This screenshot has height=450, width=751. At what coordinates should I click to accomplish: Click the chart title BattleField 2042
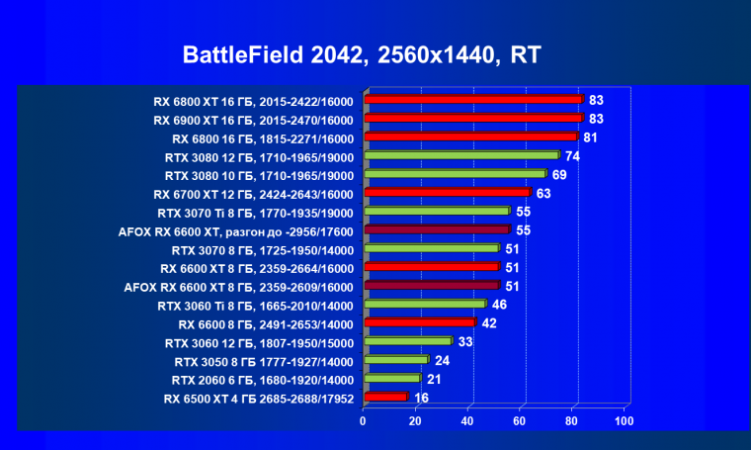[361, 54]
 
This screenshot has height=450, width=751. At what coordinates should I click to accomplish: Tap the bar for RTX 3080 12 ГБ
[462, 155]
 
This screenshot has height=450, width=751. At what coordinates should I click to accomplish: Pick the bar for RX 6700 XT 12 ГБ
[448, 193]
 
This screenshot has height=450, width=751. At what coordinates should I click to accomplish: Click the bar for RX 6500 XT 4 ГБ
[386, 397]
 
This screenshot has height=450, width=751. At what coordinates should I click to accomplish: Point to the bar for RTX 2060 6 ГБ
[392, 379]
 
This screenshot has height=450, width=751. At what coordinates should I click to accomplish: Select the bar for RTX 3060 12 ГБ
[408, 341]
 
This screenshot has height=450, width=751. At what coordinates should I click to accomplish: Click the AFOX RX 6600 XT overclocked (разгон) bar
[438, 229]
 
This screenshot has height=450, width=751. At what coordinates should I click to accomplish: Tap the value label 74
[572, 155]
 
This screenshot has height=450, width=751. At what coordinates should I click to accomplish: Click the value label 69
[559, 174]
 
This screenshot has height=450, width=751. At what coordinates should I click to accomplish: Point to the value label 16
[422, 397]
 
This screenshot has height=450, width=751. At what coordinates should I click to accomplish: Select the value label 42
[489, 322]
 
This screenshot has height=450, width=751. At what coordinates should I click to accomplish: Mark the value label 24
[443, 360]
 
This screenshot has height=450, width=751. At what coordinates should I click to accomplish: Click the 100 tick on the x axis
[624, 422]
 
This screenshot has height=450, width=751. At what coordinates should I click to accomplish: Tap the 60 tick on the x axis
[520, 422]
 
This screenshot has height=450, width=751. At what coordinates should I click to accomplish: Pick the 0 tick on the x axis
[364, 422]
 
